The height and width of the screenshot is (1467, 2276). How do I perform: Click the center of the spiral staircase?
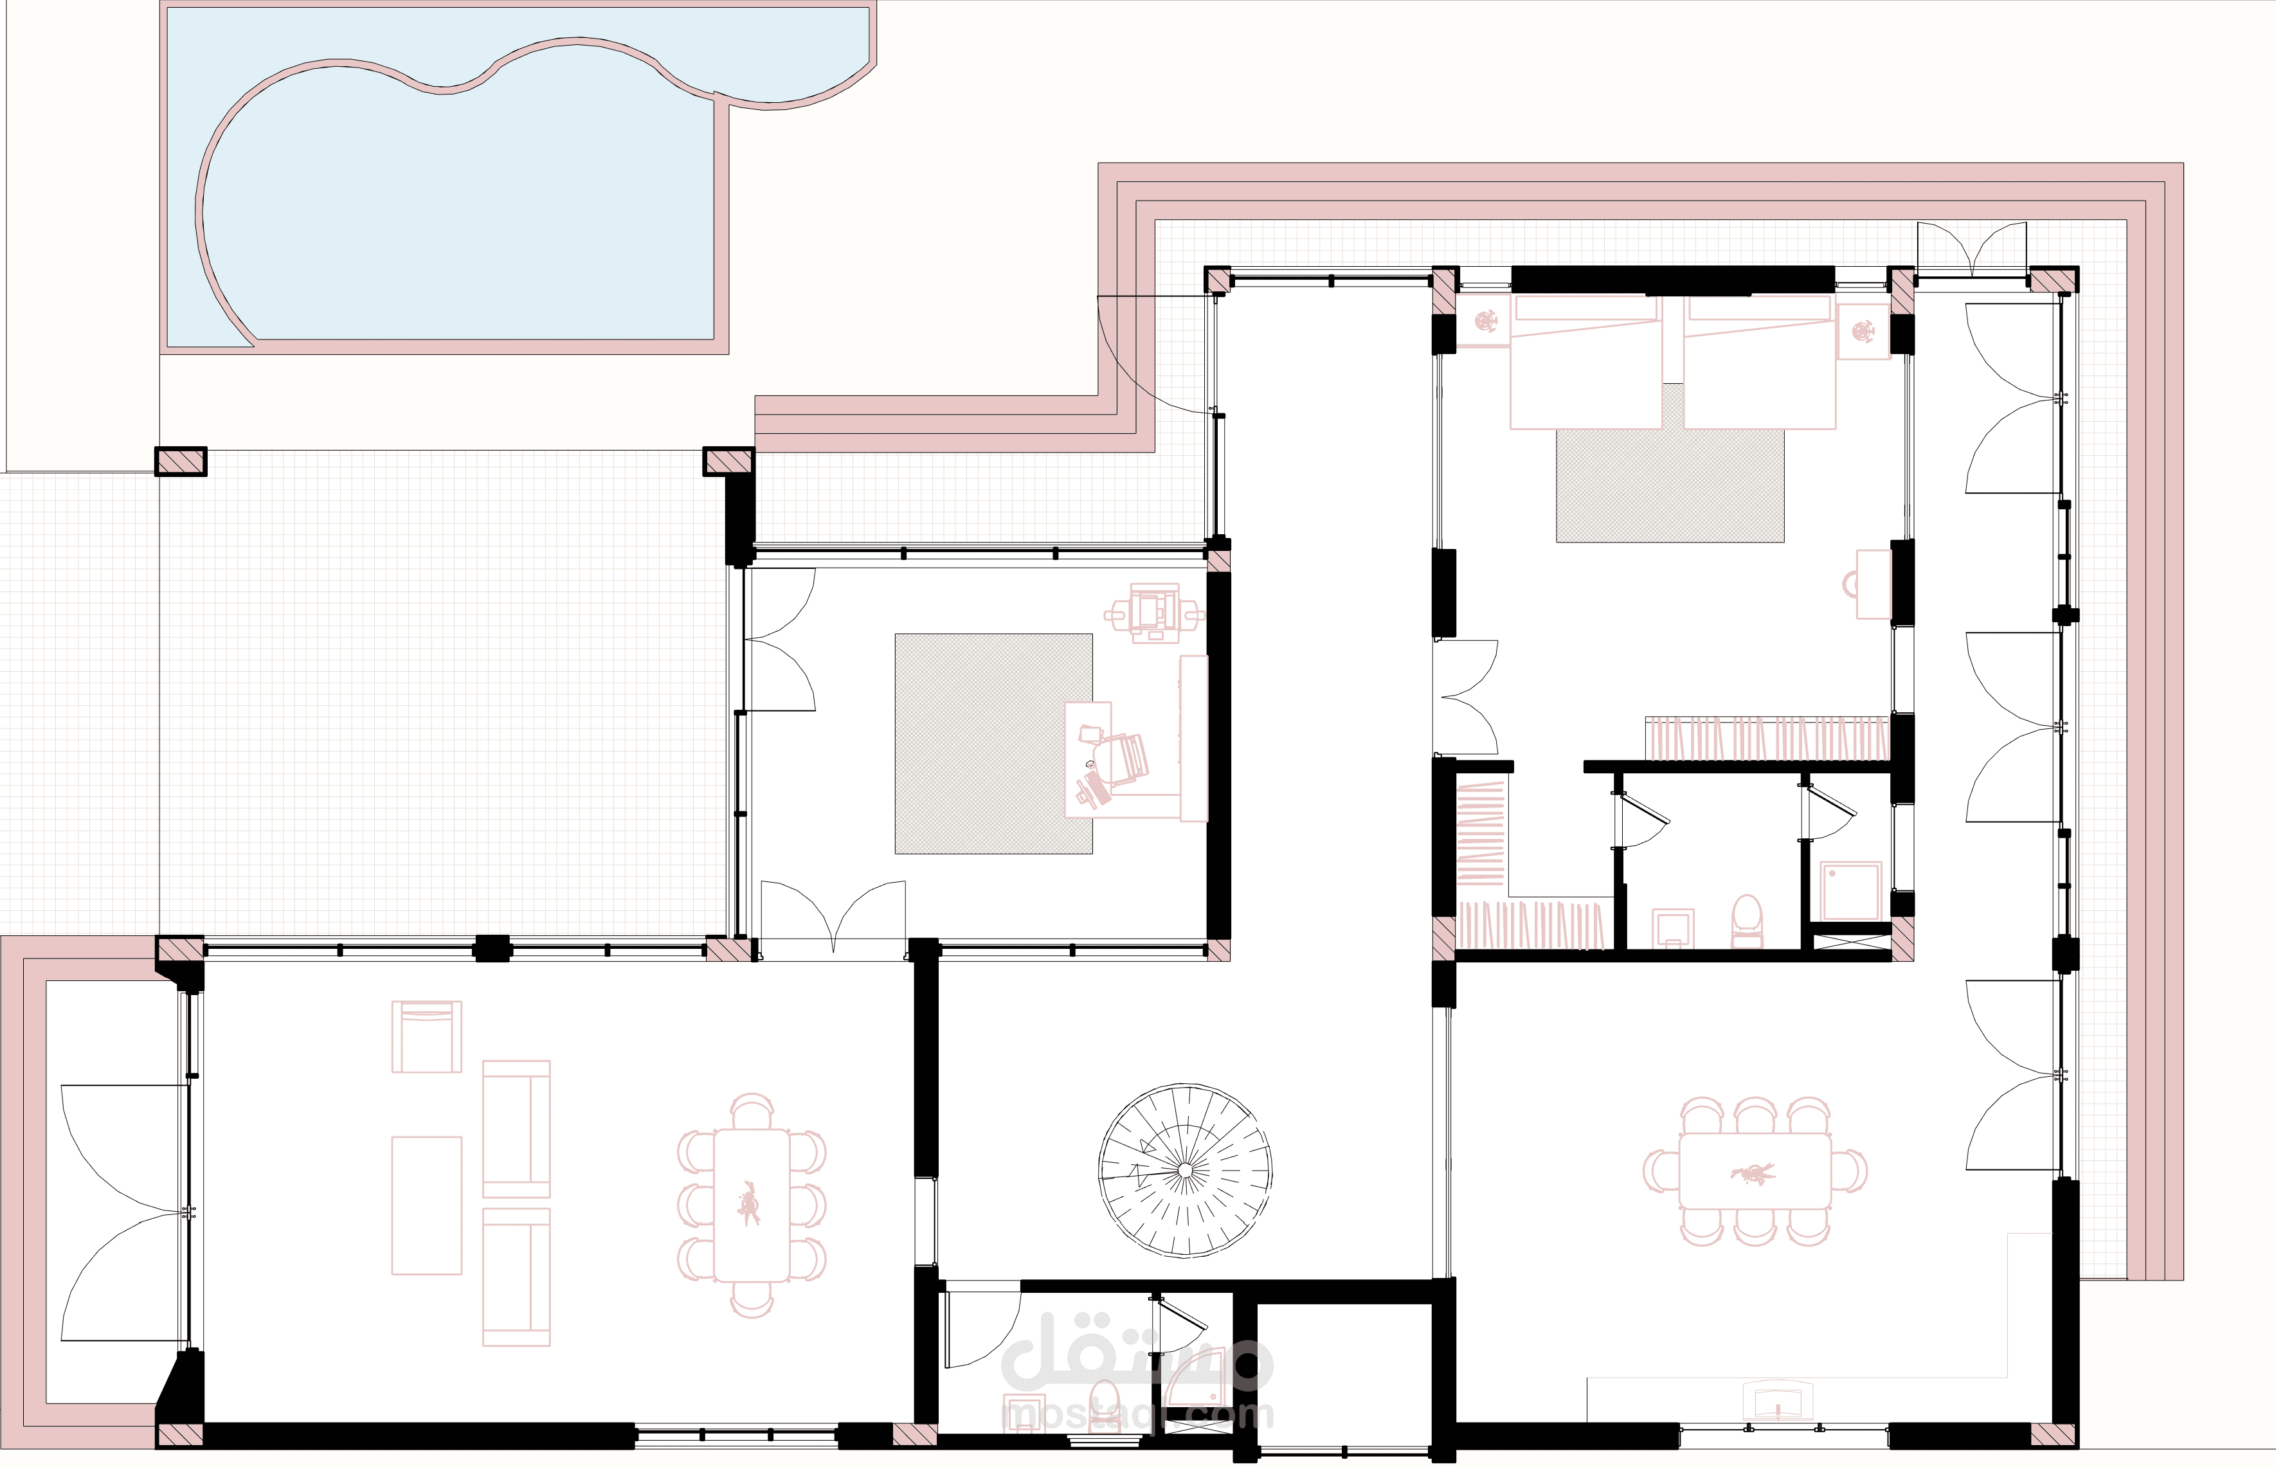1184,1171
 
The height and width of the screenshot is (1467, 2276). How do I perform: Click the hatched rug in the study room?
993,743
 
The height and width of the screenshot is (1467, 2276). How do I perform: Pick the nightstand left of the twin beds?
1483,321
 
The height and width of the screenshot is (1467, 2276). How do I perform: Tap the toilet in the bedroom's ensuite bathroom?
1746,920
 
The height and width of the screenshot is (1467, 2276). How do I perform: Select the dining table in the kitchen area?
1755,1171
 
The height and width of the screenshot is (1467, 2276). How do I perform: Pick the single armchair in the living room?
427,1036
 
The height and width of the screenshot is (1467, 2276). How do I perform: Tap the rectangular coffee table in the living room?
427,1205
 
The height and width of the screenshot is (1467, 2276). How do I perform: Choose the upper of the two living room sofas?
516,1129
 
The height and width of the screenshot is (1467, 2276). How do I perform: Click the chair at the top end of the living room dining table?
752,1111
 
